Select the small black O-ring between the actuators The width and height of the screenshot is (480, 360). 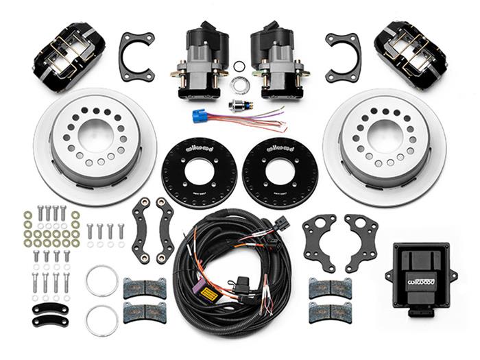[x=239, y=67]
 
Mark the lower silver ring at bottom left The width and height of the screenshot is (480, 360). [x=102, y=320]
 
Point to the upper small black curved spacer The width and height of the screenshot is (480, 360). [x=50, y=308]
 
